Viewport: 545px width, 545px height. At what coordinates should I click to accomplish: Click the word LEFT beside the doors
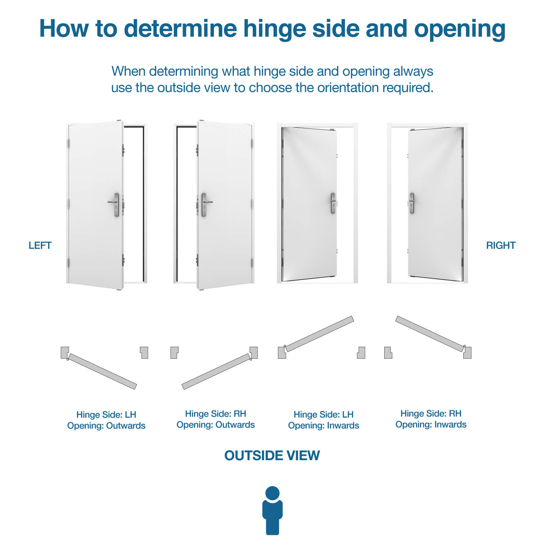(40, 245)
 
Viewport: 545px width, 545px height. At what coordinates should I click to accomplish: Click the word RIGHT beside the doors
(501, 245)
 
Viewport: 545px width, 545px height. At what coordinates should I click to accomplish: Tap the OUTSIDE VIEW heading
(272, 455)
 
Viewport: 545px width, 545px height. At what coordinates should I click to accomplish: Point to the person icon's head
(272, 493)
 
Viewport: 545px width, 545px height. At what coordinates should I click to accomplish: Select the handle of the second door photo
(205, 204)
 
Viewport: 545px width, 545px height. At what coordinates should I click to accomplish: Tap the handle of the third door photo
(333, 203)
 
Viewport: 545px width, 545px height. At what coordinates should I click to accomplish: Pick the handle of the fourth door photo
(411, 203)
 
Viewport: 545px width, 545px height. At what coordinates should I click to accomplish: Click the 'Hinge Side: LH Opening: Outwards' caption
(106, 420)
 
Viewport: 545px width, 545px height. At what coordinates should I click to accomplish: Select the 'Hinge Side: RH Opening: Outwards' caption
(216, 419)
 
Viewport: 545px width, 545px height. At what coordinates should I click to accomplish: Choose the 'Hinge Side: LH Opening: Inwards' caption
(324, 420)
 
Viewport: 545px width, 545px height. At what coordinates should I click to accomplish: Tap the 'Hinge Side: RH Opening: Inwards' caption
(431, 419)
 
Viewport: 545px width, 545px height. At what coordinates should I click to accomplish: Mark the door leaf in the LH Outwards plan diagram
(102, 371)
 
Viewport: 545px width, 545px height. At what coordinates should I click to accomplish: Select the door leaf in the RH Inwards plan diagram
(430, 333)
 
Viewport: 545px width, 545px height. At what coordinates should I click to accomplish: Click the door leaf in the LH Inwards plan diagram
(319, 333)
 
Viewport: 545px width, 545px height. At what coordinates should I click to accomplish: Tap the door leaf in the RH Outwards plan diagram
(216, 371)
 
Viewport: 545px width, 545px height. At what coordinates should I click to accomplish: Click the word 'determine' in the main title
(181, 28)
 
